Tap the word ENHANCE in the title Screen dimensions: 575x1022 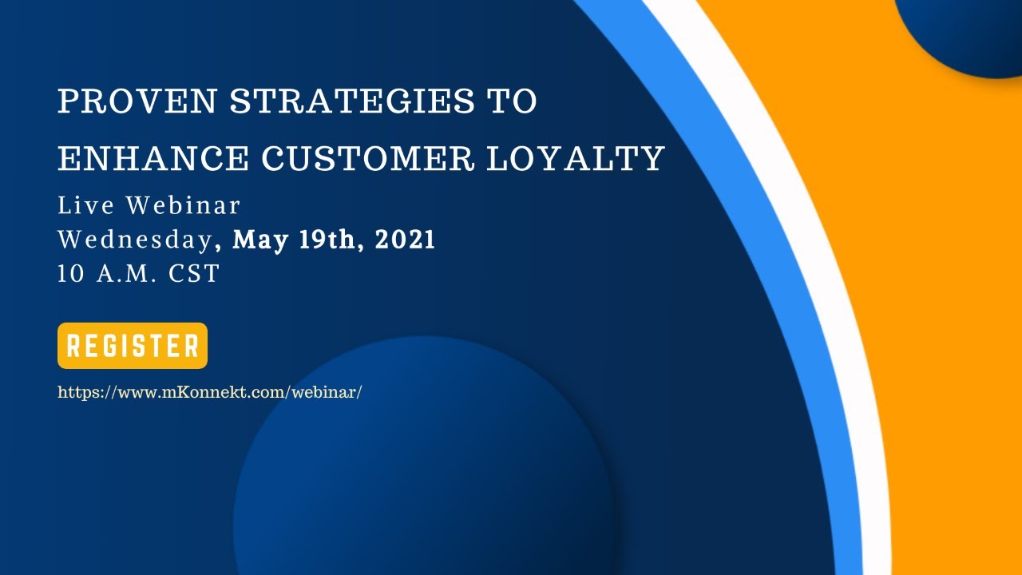(153, 159)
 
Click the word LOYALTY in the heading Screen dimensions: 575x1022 (576, 159)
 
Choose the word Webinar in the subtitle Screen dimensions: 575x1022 (183, 206)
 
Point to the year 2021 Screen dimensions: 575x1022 (405, 240)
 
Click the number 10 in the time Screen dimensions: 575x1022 (71, 274)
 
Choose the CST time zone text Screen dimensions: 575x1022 (194, 274)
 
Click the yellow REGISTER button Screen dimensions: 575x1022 (133, 346)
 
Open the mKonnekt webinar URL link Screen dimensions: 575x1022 (210, 392)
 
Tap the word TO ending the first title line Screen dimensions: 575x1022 (512, 102)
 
